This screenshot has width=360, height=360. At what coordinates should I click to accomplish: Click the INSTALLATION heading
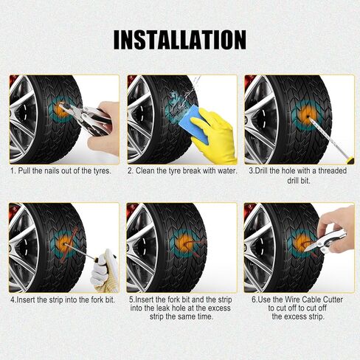coord(180,40)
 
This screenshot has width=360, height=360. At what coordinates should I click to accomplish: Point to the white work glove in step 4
coord(105,271)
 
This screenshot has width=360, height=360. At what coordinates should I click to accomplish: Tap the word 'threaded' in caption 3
coord(333,170)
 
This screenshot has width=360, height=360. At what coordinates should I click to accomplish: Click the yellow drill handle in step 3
coord(350,160)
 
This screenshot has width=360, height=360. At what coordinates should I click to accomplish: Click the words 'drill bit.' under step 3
coord(299,181)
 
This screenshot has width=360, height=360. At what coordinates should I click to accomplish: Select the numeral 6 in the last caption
coord(254,300)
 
